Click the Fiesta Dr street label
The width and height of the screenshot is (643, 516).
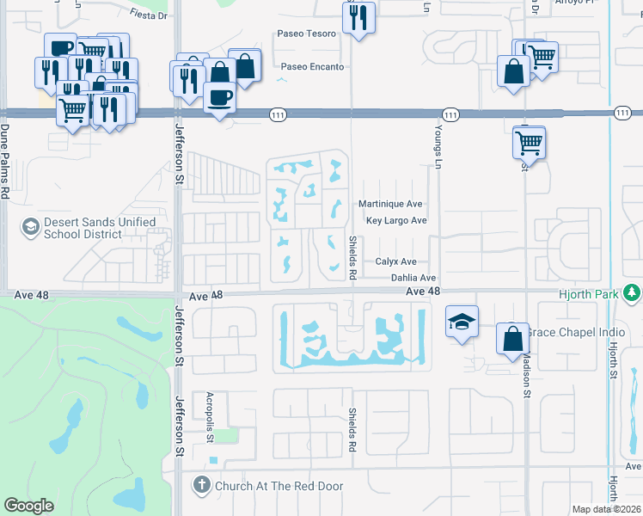pyautogui.click(x=149, y=15)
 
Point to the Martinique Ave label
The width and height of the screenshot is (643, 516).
pyautogui.click(x=389, y=204)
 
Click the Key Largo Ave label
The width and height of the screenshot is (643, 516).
pyautogui.click(x=396, y=220)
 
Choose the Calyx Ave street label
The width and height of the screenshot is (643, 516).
pyautogui.click(x=395, y=261)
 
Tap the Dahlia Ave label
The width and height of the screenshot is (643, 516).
pyautogui.click(x=413, y=278)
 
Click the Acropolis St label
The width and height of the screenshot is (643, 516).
pyautogui.click(x=209, y=417)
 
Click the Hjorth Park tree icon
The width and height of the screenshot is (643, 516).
pyautogui.click(x=634, y=294)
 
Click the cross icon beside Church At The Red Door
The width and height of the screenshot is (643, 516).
pyautogui.click(x=202, y=486)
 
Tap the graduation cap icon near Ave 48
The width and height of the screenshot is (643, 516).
pyautogui.click(x=462, y=322)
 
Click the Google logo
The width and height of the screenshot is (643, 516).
pyautogui.click(x=28, y=506)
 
